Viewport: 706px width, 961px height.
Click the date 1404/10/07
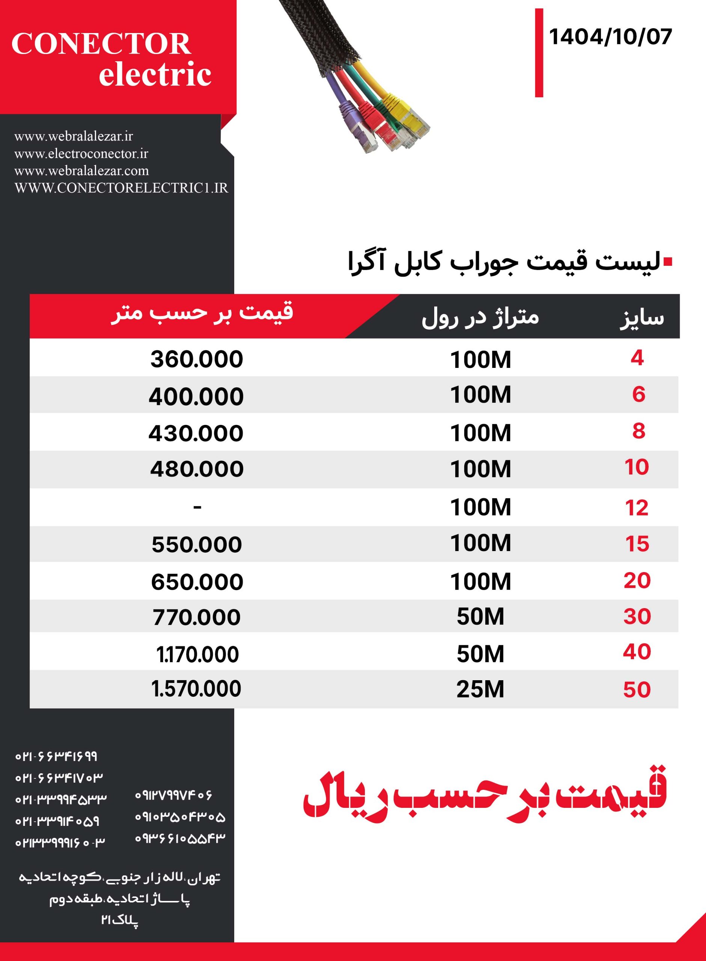(610, 37)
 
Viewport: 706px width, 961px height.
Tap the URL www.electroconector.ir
(81, 154)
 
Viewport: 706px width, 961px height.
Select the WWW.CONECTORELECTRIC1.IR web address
(121, 188)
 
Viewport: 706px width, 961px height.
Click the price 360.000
(197, 359)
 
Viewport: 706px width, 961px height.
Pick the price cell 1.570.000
(197, 689)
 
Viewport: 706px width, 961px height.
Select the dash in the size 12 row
(197, 507)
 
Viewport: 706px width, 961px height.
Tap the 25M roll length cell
(480, 689)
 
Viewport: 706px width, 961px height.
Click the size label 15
(637, 544)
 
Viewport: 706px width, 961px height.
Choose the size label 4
(637, 358)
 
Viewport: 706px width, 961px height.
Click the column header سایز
(642, 318)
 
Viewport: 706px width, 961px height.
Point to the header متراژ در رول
(480, 317)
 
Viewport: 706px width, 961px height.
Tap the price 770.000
(197, 618)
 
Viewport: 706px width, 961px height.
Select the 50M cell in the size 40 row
(480, 654)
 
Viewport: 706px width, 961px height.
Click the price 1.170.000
(197, 654)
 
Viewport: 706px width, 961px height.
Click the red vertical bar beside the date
(539, 53)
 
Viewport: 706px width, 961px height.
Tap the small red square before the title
(668, 262)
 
